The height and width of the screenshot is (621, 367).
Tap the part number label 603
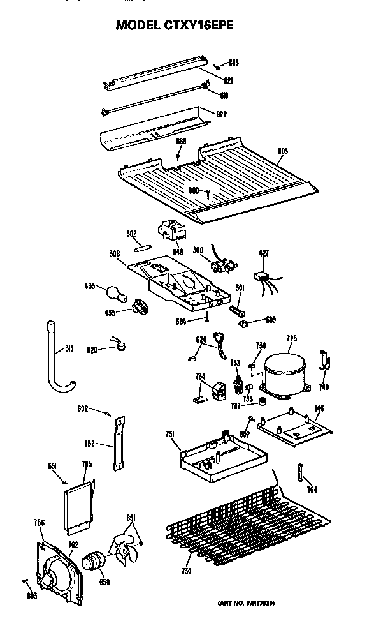pyautogui.click(x=282, y=151)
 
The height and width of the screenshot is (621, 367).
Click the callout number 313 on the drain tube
pyautogui.click(x=69, y=349)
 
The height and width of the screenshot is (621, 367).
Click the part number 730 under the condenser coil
pyautogui.click(x=187, y=569)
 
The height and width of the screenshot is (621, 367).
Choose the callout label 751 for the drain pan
pyautogui.click(x=170, y=434)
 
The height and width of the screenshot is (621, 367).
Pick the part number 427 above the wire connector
pyautogui.click(x=264, y=254)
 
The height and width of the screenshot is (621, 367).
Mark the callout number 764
pyautogui.click(x=312, y=489)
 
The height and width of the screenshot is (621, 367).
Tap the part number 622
pyautogui.click(x=222, y=115)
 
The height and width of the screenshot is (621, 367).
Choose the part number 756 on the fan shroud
pyautogui.click(x=39, y=523)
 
